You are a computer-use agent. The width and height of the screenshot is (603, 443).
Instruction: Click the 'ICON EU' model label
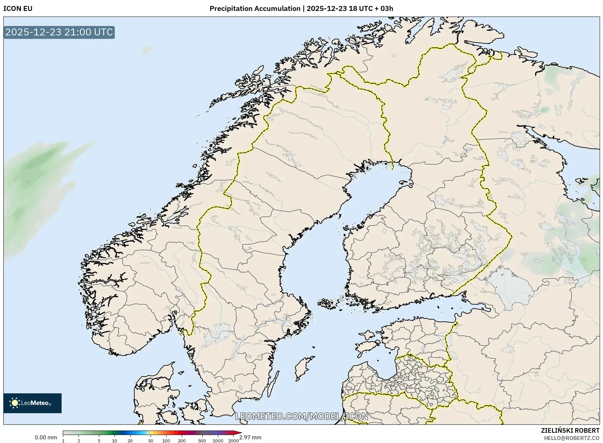[x=18, y=9]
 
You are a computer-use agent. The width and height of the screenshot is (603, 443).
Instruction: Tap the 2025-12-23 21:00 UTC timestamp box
[x=59, y=32]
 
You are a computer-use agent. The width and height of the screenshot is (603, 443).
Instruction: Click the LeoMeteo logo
[x=32, y=403]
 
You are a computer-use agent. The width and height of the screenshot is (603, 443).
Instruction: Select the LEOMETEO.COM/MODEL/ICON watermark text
[x=301, y=416]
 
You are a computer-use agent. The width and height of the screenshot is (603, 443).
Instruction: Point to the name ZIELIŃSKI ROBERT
[x=570, y=430]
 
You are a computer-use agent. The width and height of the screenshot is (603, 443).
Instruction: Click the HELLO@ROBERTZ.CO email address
[x=571, y=438]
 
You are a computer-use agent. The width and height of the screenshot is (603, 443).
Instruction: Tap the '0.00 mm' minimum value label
[x=46, y=437]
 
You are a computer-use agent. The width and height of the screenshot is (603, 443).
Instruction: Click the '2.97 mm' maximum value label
[x=250, y=437]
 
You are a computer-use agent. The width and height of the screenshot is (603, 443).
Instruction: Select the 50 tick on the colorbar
[x=151, y=440]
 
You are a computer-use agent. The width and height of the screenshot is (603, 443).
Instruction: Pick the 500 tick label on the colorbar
[x=202, y=440]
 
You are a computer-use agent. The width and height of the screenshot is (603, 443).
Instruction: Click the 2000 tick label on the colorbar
[x=233, y=440]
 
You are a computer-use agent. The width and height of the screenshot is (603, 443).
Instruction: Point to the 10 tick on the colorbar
[x=114, y=440]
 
